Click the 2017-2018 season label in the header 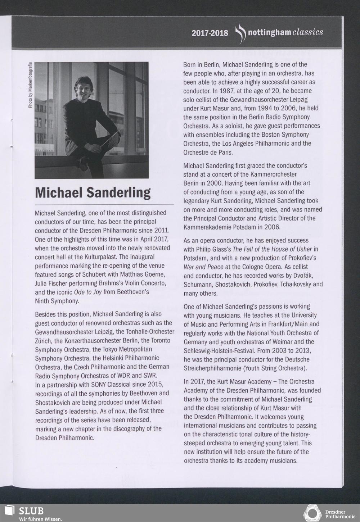coord(210,33)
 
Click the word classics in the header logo coord(308,32)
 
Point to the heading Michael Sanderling coord(93,192)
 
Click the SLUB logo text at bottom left coord(31,511)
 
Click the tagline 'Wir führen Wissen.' coord(41,519)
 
